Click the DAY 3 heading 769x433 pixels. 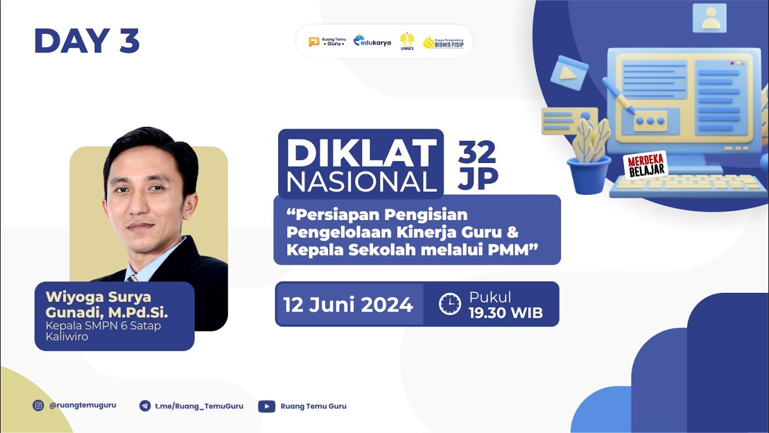87,41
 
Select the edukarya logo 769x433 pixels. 372,41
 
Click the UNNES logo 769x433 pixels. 407,41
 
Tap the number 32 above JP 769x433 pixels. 477,153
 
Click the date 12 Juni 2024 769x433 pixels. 348,304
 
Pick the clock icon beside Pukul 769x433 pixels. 449,304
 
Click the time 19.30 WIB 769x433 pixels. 505,313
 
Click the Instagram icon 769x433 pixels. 38,405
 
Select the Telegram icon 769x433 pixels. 145,406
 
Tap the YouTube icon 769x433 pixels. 267,406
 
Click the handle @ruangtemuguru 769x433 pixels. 83,405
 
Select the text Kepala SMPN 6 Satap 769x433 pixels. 103,326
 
